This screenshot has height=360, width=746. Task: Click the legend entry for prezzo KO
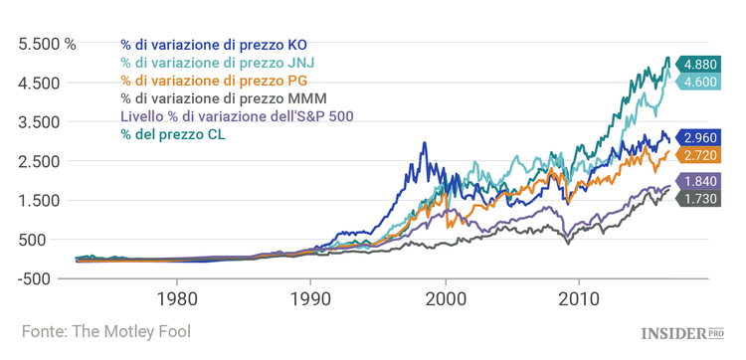click(x=213, y=45)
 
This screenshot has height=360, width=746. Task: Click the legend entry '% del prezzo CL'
click(x=172, y=134)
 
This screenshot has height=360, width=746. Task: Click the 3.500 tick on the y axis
click(x=41, y=122)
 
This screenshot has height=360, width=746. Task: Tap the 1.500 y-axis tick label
click(x=41, y=200)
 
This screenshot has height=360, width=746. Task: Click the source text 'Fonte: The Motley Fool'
click(x=105, y=331)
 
